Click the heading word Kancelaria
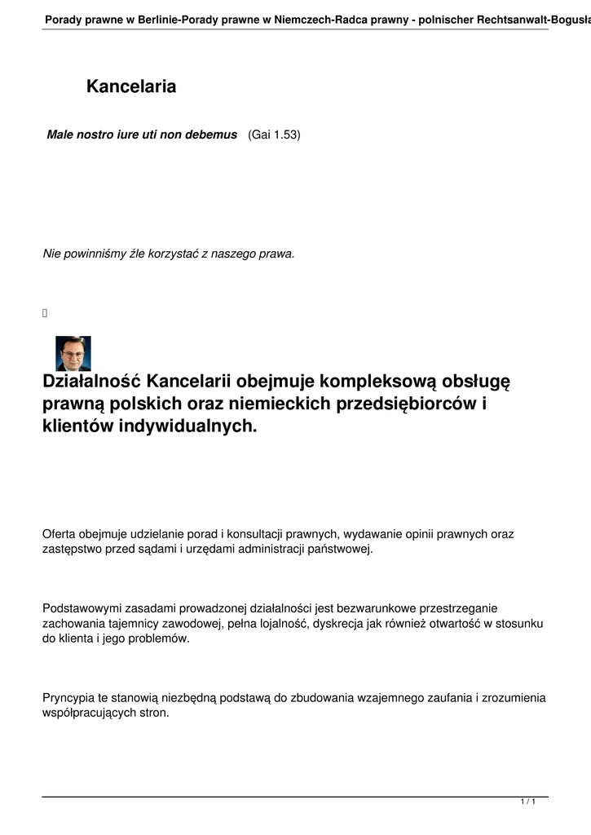(x=131, y=86)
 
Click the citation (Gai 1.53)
(x=274, y=134)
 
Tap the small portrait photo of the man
(x=73, y=354)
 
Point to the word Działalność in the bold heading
(x=91, y=382)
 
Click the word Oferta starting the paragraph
(x=58, y=534)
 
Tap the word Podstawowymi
(x=81, y=608)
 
